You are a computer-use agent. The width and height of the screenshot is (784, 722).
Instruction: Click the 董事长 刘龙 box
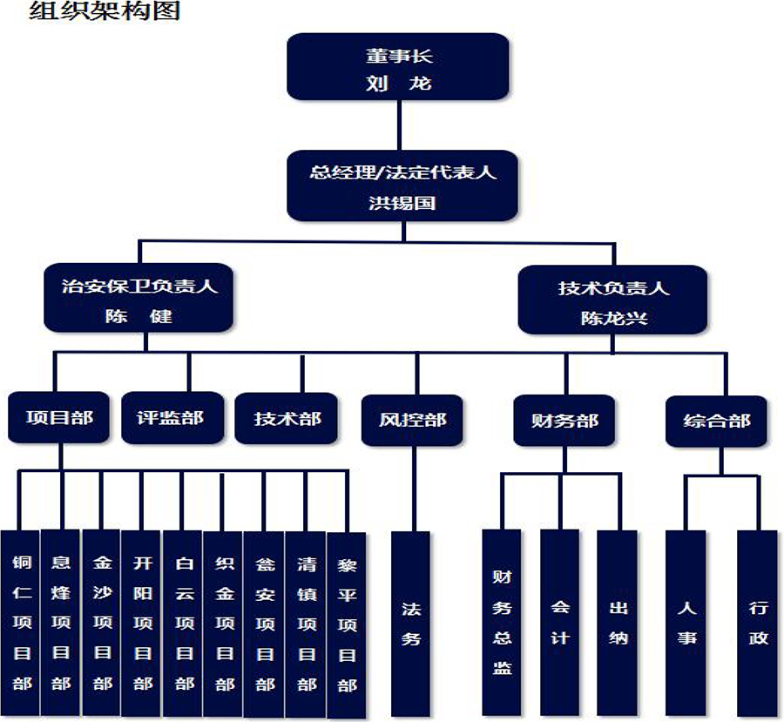coord(398,67)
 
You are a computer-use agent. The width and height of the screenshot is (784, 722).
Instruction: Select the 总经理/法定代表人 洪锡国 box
coord(402,186)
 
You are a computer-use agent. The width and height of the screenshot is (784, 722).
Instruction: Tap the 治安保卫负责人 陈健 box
coord(139,299)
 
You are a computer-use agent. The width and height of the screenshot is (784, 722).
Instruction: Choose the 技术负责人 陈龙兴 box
coord(612,300)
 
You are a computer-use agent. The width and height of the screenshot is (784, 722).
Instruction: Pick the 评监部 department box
coord(172,418)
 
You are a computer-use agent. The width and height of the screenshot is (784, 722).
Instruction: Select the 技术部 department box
coord(288,419)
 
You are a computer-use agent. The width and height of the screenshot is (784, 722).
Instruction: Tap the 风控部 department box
coord(413,421)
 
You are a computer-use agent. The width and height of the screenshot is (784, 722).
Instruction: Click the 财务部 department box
coord(564,422)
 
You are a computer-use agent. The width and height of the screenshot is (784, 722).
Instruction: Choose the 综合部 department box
coord(717,422)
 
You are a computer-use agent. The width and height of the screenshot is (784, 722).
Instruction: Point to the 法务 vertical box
coord(411,624)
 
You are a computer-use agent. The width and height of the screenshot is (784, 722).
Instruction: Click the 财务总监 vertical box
coord(502,622)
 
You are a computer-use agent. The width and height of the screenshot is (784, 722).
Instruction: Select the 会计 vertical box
coord(559,622)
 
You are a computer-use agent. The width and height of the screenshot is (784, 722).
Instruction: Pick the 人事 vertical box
coord(686,622)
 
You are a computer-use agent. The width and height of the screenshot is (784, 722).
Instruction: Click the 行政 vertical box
coord(758,622)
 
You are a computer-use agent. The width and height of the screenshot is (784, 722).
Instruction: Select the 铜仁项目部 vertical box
coord(21,622)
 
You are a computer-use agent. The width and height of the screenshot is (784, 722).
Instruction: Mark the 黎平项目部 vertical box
coord(347,624)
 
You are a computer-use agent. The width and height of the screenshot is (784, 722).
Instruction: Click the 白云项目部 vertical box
coord(184,622)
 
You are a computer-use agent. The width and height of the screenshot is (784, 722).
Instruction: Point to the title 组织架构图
coord(105,11)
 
